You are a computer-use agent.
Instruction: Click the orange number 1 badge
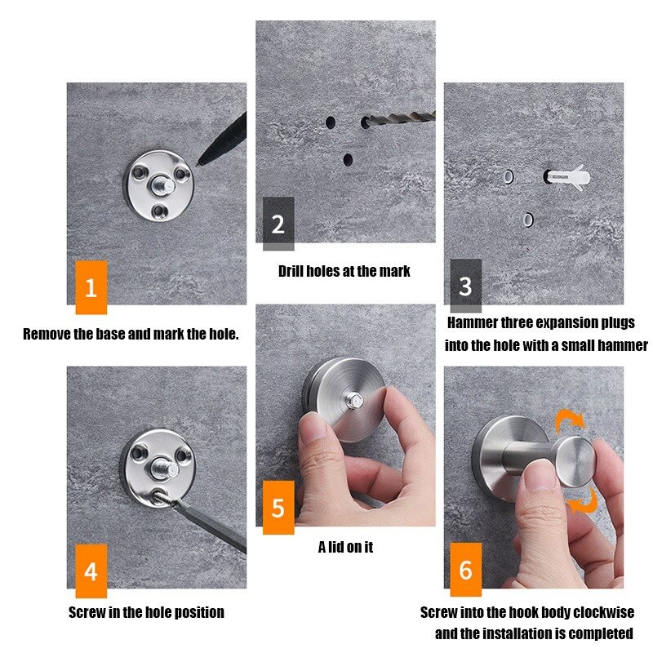[91, 287]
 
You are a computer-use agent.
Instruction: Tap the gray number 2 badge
[278, 224]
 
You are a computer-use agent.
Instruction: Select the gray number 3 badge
[465, 287]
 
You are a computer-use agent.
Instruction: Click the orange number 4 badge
[91, 571]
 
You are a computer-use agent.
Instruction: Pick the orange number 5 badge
[278, 508]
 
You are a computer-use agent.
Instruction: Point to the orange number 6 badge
[465, 569]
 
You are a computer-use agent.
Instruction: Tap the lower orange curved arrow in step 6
[583, 500]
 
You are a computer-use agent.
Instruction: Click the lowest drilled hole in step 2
[348, 159]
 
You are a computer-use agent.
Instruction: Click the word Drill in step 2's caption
[293, 271]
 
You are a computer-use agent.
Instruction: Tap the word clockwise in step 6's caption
[604, 612]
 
